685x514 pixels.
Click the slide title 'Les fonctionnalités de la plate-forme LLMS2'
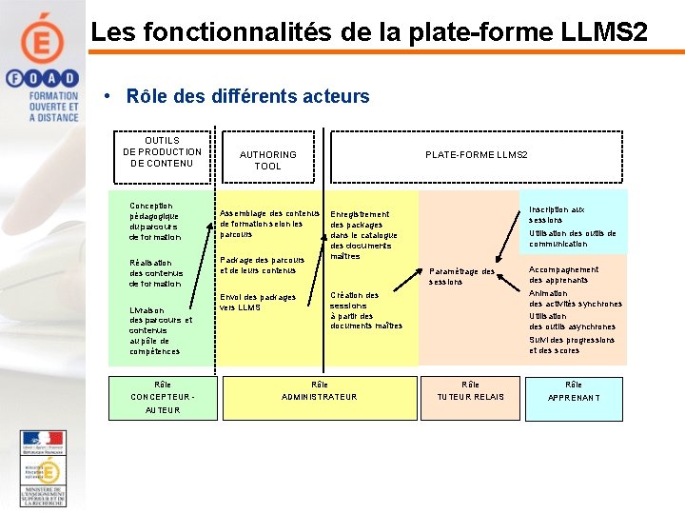[x=369, y=32]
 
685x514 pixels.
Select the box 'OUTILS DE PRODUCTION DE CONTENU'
[x=163, y=152]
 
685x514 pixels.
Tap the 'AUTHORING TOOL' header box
[x=268, y=160]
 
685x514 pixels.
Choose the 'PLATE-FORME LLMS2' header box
[x=476, y=155]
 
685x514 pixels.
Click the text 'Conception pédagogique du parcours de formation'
[x=155, y=221]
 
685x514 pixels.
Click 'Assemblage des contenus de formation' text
[x=269, y=224]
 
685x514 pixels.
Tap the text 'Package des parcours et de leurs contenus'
[x=263, y=265]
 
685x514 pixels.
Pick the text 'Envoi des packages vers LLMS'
[x=258, y=302]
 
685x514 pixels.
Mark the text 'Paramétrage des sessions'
[x=461, y=276]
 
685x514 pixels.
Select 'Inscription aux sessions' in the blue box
[x=558, y=214]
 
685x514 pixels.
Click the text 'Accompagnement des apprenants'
[x=564, y=274]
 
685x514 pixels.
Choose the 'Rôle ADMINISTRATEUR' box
[x=319, y=390]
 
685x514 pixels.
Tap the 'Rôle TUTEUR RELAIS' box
[x=471, y=390]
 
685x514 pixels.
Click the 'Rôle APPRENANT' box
[x=574, y=391]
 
